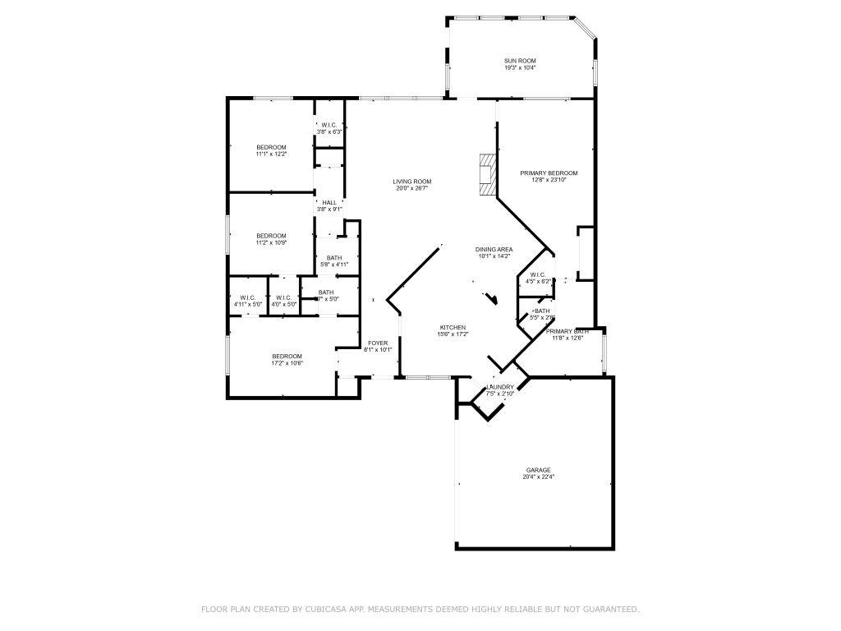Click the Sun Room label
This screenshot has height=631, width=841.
[x=520, y=61]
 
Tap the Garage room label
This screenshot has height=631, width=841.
[x=538, y=470]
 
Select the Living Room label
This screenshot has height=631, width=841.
[x=411, y=182]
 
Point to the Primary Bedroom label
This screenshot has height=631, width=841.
[x=549, y=173]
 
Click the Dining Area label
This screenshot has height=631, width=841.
[x=494, y=249]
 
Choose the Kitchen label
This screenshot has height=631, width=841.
[x=453, y=327]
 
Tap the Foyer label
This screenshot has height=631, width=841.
[x=378, y=343]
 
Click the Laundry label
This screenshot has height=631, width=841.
[x=500, y=387]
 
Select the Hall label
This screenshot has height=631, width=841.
[x=329, y=202]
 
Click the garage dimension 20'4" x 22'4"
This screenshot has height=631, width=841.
[x=538, y=477]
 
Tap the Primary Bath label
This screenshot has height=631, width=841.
[x=568, y=331]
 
